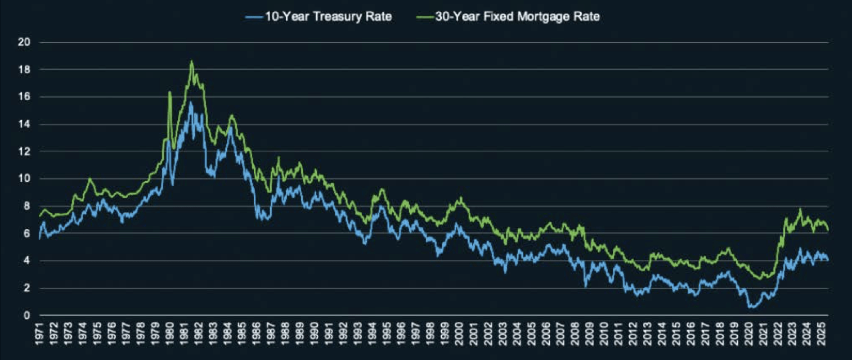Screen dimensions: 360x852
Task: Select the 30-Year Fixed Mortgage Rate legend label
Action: pyautogui.click(x=517, y=17)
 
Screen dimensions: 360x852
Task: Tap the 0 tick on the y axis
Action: pyautogui.click(x=26, y=316)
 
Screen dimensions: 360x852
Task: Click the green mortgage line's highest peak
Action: pyautogui.click(x=191, y=61)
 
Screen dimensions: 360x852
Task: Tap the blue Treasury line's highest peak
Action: pyautogui.click(x=191, y=102)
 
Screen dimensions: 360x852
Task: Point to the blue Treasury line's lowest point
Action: pyautogui.click(x=751, y=308)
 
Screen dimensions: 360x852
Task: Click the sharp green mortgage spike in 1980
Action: pyautogui.click(x=169, y=92)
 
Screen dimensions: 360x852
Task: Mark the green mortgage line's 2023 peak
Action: pyautogui.click(x=800, y=209)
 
